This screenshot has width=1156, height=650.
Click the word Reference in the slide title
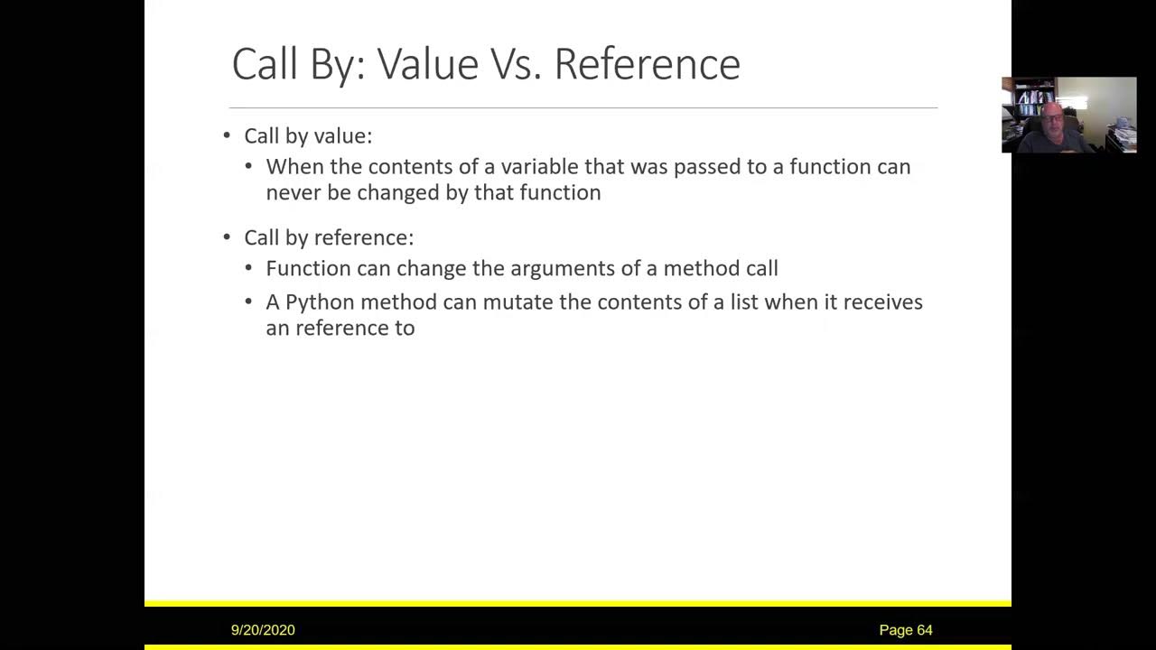[647, 64]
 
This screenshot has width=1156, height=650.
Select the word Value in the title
[427, 64]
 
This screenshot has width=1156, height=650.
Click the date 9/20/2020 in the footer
[263, 630]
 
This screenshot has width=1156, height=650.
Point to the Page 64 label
[906, 630]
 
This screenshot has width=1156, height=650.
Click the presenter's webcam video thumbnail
[1069, 115]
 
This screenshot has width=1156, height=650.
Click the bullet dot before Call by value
[227, 135]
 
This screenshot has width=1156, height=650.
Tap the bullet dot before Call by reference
[227, 237]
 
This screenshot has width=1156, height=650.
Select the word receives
[882, 302]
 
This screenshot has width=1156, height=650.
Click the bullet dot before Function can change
[249, 268]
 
